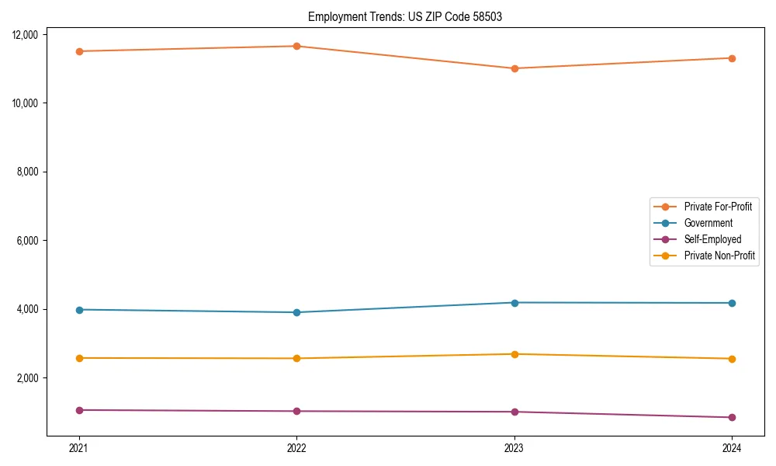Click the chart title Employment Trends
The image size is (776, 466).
coord(404,16)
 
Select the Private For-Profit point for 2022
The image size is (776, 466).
coord(296,46)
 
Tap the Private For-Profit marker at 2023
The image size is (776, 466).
coord(514,68)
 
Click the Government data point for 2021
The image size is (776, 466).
coord(78,310)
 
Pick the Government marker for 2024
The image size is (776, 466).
coord(732,303)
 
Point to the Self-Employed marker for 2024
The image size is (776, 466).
coord(732,417)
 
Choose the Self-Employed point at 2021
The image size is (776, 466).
coord(78,410)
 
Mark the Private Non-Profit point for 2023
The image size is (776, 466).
coord(514,354)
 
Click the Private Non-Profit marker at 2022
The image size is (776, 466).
coord(296,358)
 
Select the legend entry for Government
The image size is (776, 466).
coord(708,223)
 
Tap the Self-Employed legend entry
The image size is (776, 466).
coord(712,239)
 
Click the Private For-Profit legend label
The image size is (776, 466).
coord(718,207)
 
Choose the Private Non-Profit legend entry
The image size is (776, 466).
coord(719,256)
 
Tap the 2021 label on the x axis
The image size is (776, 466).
coord(78,447)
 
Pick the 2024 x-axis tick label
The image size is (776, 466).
coord(732,447)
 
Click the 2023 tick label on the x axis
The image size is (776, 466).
coord(514,447)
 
